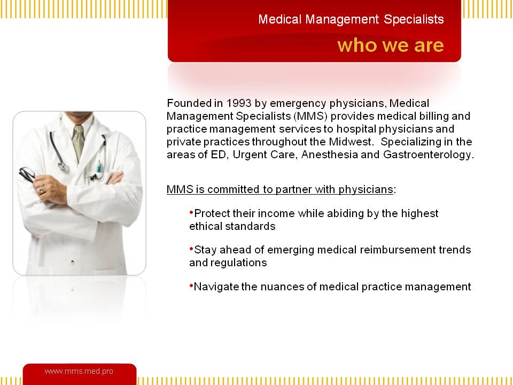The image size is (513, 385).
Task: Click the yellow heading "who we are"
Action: coord(390,45)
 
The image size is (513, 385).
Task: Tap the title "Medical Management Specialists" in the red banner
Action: coord(351,19)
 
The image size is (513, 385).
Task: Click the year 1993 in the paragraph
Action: coord(239,103)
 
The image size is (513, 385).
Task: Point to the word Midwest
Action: coord(351,142)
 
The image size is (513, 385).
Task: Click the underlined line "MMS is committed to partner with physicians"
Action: coord(279,189)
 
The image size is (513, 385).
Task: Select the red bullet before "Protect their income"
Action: coord(191,213)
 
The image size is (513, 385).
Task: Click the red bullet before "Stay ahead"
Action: coord(191,249)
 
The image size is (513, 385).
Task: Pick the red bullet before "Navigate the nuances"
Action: coord(191,286)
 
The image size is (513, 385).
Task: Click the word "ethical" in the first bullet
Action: coord(205,226)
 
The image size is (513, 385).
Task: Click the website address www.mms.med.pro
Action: coord(79,371)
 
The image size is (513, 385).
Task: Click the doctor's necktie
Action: coord(78,142)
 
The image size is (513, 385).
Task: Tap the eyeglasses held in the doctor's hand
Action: coord(27,174)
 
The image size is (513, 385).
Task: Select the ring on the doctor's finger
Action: coord(41,190)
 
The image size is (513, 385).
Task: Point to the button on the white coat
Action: coord(72,262)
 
